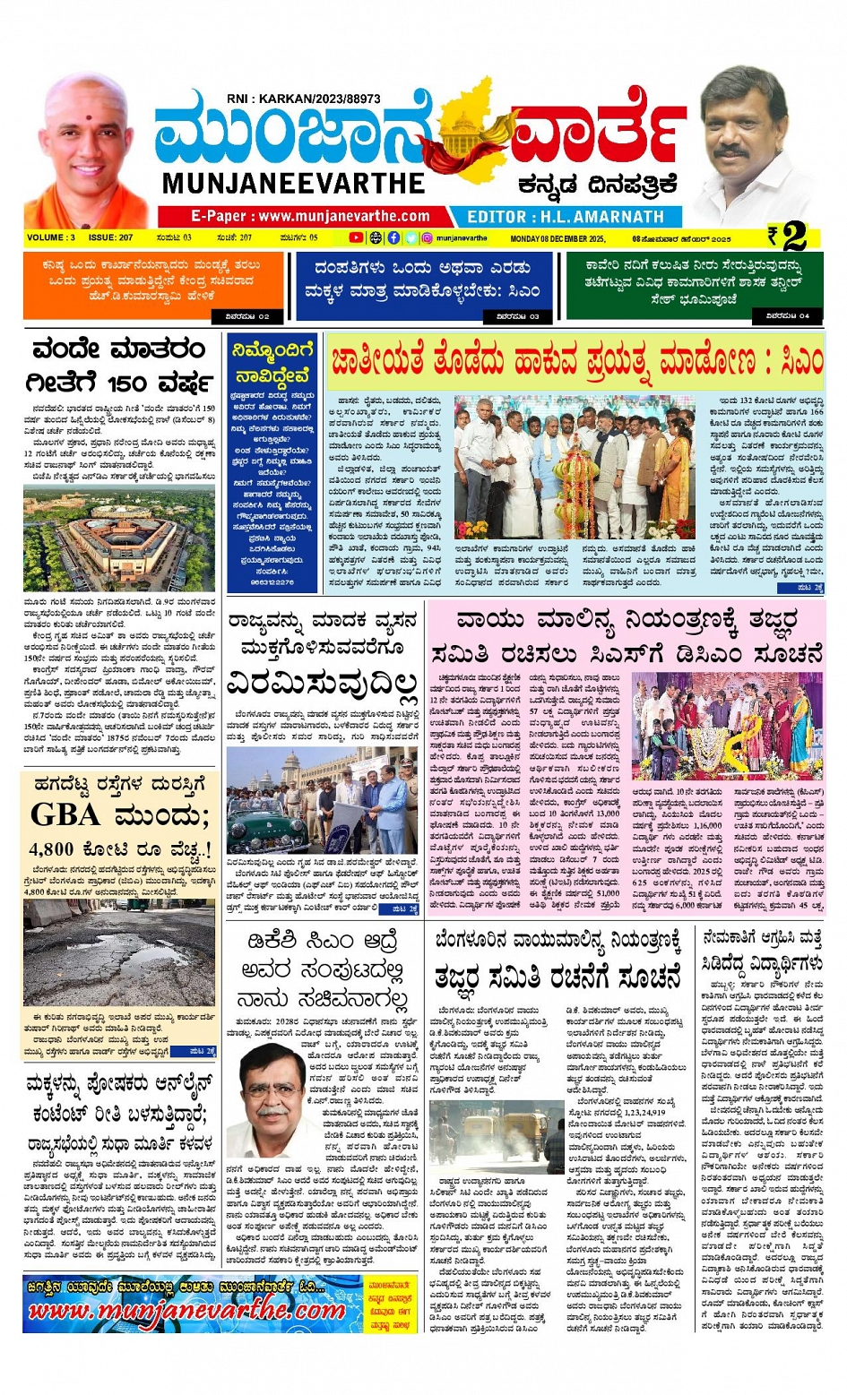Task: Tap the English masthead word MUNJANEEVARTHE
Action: (x=293, y=183)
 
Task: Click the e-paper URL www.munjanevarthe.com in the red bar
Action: (x=310, y=216)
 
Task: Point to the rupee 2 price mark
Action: (x=789, y=237)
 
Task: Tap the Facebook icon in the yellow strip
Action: (x=393, y=238)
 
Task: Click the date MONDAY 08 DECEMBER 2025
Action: (x=557, y=239)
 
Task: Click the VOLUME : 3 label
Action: (x=51, y=238)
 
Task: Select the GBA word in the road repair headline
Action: (x=65, y=814)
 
